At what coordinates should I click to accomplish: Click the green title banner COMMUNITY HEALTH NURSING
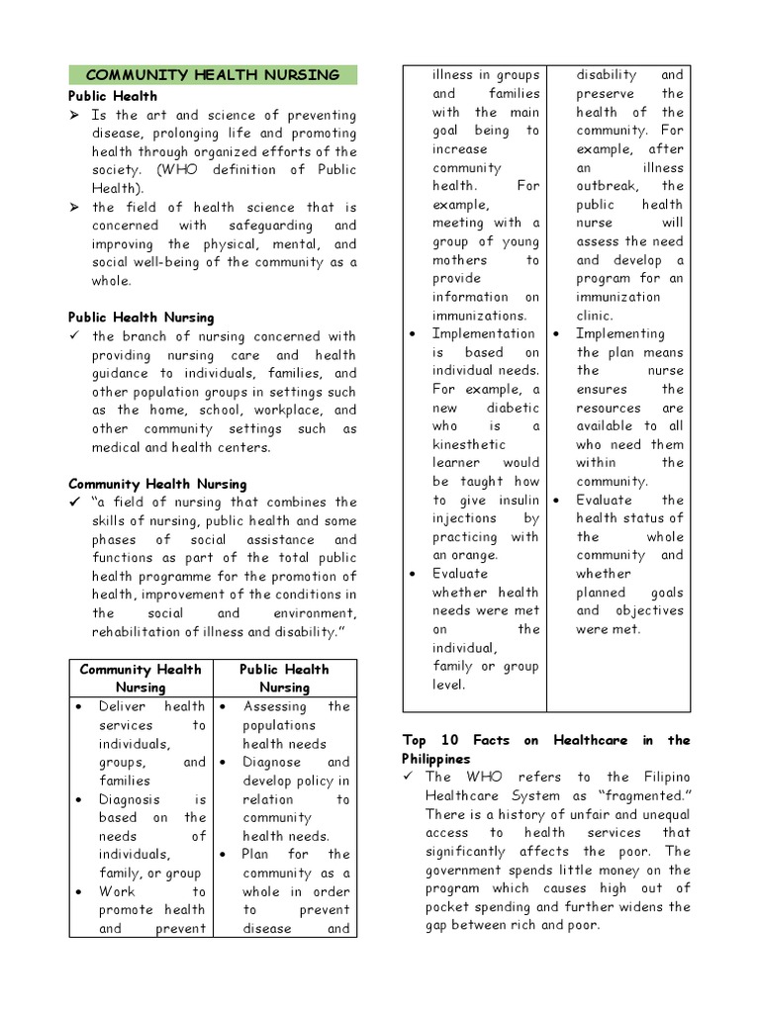pyautogui.click(x=213, y=75)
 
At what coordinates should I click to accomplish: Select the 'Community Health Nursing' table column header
pyautogui.click(x=140, y=678)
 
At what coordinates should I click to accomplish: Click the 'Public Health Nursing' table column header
pyautogui.click(x=284, y=678)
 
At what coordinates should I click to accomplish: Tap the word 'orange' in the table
pyautogui.click(x=475, y=555)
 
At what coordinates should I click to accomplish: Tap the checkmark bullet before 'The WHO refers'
pyautogui.click(x=408, y=777)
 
